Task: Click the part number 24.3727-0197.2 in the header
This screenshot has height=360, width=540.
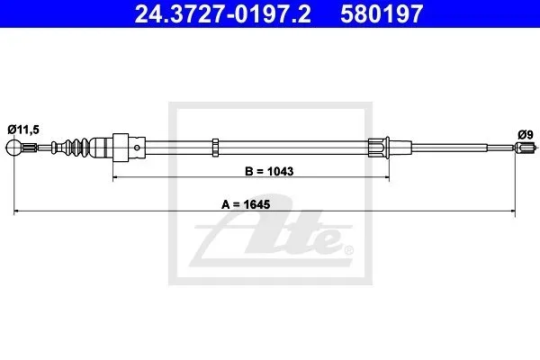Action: (222, 13)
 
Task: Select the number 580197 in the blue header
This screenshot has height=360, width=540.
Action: (382, 13)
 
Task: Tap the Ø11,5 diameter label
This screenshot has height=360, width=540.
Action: (23, 130)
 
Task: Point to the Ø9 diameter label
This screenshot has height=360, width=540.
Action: (526, 134)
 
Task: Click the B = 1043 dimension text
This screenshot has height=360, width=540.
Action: (269, 171)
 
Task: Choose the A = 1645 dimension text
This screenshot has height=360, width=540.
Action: (246, 204)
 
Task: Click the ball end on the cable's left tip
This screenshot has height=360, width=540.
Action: (13, 148)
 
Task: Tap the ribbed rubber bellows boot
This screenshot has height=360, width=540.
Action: (76, 148)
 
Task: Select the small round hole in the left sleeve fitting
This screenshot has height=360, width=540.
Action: (137, 148)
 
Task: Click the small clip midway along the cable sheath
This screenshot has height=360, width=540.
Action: (215, 148)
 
